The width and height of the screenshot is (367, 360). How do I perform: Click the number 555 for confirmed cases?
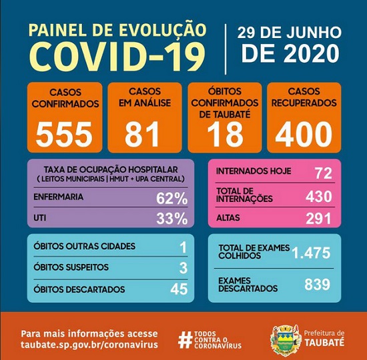[x=64, y=133]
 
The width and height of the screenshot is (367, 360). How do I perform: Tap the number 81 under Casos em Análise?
[x=143, y=133]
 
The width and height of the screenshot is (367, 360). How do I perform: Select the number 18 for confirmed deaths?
[x=224, y=133]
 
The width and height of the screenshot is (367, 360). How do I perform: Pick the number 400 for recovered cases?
[x=304, y=133]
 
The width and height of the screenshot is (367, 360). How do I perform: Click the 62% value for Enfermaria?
[x=171, y=198]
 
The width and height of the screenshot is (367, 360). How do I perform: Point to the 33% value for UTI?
[x=171, y=218]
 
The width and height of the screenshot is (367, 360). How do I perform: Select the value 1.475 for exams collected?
[x=310, y=252]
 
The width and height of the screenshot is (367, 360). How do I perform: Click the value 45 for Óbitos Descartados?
[x=177, y=289]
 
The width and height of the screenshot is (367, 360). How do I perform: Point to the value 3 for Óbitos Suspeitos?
[x=183, y=268]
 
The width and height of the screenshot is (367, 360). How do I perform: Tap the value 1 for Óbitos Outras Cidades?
[x=183, y=247]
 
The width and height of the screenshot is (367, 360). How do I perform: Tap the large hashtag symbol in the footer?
[x=185, y=339]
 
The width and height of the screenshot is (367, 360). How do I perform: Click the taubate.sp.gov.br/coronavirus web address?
[x=89, y=344]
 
